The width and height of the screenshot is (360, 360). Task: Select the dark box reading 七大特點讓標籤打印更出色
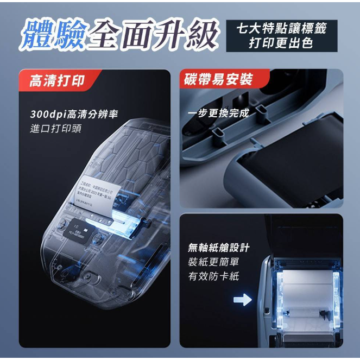280,36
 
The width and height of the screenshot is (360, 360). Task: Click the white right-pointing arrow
242,299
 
